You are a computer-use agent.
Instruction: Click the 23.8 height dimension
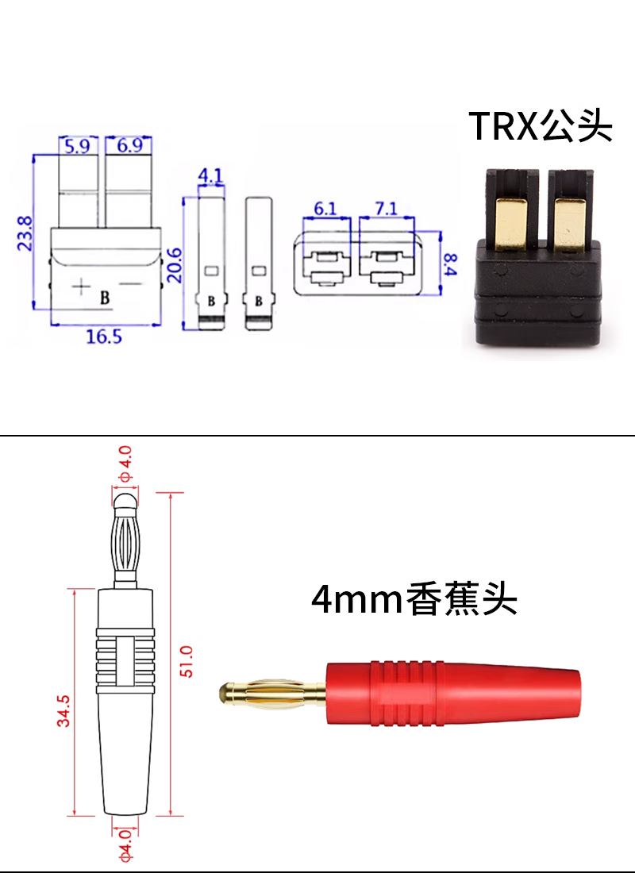(25, 234)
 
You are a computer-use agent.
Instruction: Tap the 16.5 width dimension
(104, 337)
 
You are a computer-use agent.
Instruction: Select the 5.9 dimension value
(77, 147)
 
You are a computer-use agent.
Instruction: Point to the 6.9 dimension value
(129, 145)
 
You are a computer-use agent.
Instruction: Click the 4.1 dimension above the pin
(210, 176)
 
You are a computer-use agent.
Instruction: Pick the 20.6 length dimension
(175, 265)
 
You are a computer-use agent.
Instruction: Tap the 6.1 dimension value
(325, 209)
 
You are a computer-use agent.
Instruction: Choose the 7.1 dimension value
(386, 209)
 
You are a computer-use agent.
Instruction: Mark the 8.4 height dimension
(450, 264)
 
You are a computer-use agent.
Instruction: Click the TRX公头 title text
(541, 126)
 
